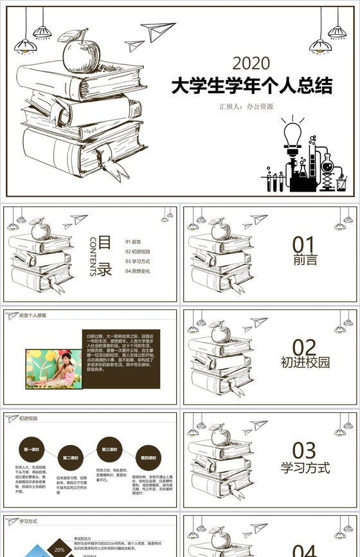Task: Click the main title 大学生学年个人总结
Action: pyautogui.click(x=251, y=86)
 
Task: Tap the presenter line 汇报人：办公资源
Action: pyautogui.click(x=246, y=107)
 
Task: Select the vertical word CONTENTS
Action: pyautogui.click(x=93, y=257)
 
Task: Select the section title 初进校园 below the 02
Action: pyautogui.click(x=305, y=362)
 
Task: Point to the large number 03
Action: pyautogui.click(x=305, y=450)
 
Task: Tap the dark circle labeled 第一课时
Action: pyautogui.click(x=31, y=448)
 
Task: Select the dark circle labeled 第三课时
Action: pyautogui.click(x=108, y=448)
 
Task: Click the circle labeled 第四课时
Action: pyautogui.click(x=147, y=457)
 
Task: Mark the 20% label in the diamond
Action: pyautogui.click(x=59, y=550)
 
